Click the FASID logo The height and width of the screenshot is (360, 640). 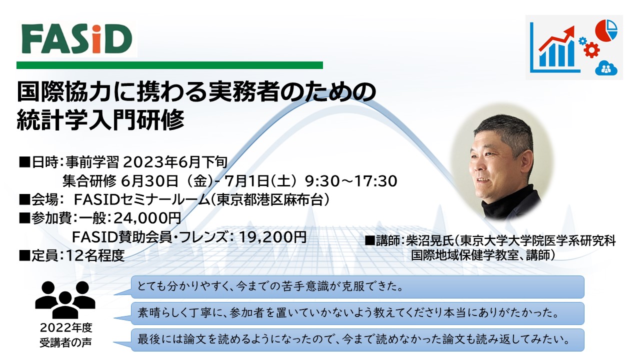point(77,39)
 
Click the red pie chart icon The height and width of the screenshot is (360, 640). point(606,30)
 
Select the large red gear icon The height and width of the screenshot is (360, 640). point(591,50)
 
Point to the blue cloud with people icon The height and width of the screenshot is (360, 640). point(606,68)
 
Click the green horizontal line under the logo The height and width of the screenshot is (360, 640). point(169,65)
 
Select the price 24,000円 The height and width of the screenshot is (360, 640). point(147,218)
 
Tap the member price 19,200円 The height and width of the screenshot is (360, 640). point(272,237)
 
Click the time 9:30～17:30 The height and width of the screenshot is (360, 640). point(351,181)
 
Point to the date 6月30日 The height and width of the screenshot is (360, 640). point(149,181)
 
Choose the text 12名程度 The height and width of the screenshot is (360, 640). point(95,255)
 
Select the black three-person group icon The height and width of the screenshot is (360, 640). point(65,300)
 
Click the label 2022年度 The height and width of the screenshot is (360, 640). point(66,327)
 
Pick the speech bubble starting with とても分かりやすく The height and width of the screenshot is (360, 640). point(357,287)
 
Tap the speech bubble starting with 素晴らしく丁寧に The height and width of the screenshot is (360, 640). point(357,313)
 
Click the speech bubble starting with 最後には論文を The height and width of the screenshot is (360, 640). point(357,340)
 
